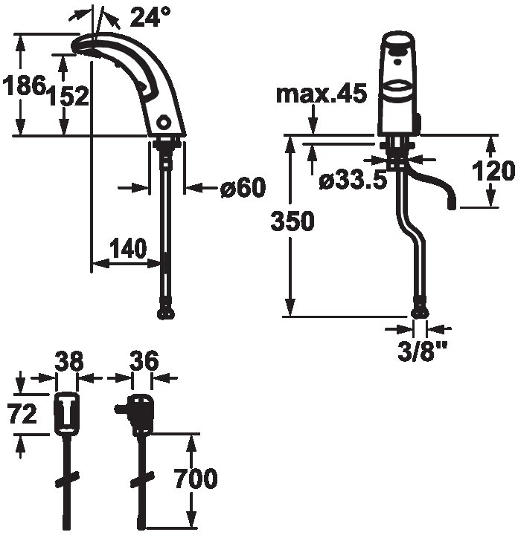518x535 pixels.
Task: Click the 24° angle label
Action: click(150, 16)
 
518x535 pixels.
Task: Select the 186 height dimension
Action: click(24, 85)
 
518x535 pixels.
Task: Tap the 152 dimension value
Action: click(68, 96)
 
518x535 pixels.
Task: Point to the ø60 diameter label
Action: click(243, 187)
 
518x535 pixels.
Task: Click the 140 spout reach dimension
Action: click(129, 248)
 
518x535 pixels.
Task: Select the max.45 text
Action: click(322, 94)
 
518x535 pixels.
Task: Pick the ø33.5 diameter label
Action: click(354, 181)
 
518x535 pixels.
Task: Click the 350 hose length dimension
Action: click(292, 221)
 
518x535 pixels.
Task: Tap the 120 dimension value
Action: click(493, 171)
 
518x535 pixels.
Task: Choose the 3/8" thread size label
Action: click(422, 351)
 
